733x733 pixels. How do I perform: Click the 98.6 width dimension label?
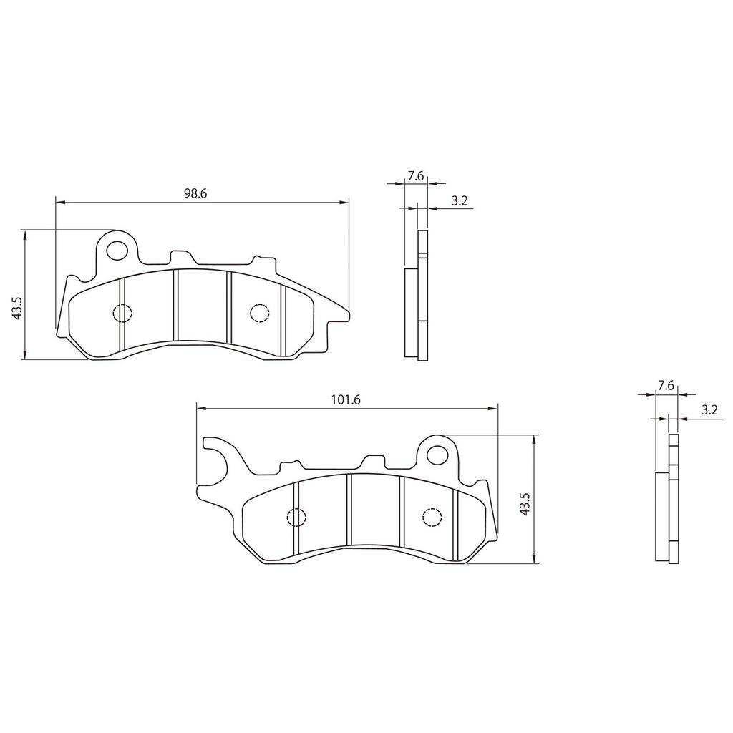(195, 193)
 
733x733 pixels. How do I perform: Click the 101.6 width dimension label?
(345, 399)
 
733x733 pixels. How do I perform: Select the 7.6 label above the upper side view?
(416, 175)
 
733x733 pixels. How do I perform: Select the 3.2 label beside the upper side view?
(459, 202)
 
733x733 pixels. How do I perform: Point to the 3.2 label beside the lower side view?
(709, 410)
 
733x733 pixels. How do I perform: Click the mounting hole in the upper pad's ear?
(115, 250)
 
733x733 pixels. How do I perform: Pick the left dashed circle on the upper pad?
(122, 313)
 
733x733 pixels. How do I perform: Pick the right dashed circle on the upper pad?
(258, 313)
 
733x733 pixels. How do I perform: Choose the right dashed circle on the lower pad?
(432, 517)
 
